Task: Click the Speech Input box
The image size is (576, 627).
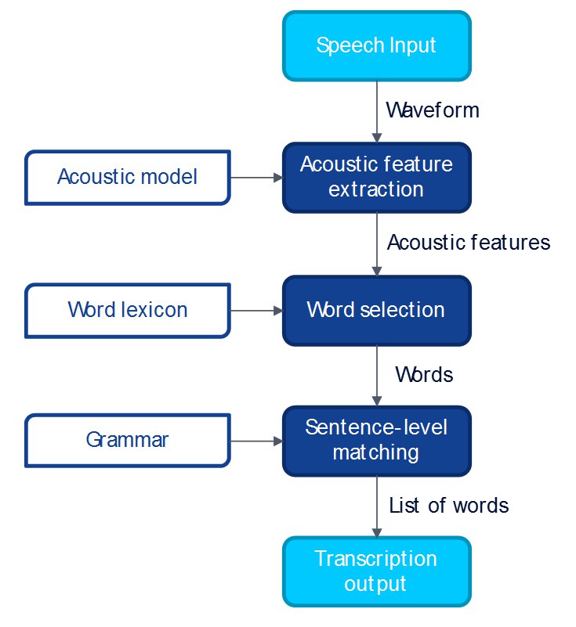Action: click(x=377, y=46)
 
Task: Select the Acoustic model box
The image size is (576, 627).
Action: click(x=128, y=178)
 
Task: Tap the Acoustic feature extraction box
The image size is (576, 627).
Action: click(x=377, y=178)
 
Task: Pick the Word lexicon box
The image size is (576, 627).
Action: click(x=128, y=311)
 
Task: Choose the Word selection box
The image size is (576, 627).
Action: click(x=377, y=311)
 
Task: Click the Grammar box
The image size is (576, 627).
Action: click(x=128, y=441)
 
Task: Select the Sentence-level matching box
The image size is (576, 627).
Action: click(x=377, y=441)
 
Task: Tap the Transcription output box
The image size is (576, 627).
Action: click(x=377, y=572)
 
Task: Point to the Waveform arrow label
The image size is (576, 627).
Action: click(x=433, y=110)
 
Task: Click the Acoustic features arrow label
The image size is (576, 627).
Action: click(x=469, y=243)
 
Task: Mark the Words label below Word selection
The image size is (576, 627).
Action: click(x=424, y=375)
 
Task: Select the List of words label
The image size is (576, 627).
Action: click(x=449, y=506)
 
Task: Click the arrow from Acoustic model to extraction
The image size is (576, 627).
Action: click(x=256, y=178)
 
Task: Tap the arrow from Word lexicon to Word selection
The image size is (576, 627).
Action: click(x=256, y=311)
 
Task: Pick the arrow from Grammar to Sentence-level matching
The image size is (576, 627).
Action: click(x=256, y=441)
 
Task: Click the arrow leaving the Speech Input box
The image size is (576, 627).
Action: click(x=377, y=112)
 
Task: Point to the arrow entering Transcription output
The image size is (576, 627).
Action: click(x=377, y=506)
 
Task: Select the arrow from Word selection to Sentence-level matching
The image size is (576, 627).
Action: click(x=377, y=376)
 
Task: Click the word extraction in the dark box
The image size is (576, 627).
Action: click(x=376, y=189)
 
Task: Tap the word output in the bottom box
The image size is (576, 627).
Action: click(x=375, y=585)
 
